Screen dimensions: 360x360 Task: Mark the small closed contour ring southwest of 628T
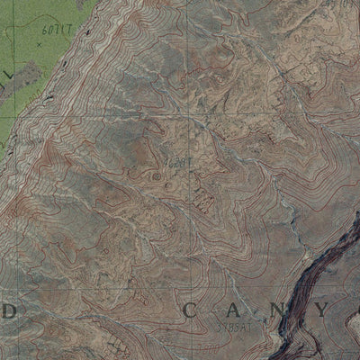click(x=158, y=176)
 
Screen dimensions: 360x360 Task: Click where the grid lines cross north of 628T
click(x=190, y=115)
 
